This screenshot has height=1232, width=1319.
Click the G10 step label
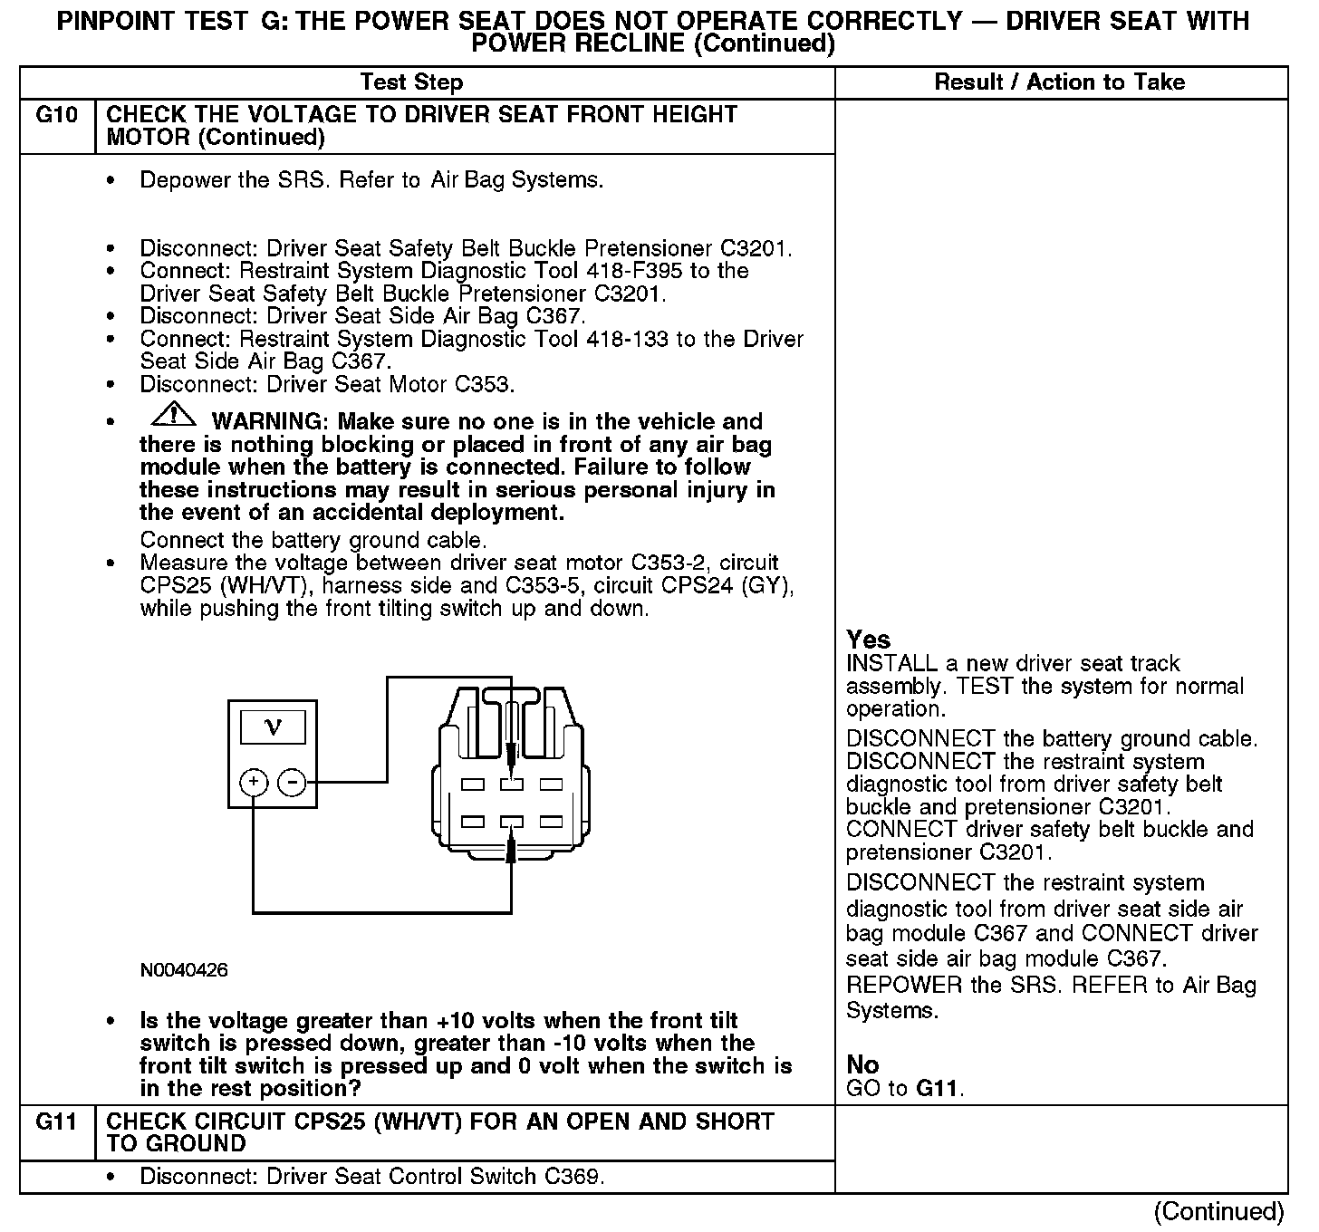click(56, 115)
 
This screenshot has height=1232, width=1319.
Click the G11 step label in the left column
click(56, 1121)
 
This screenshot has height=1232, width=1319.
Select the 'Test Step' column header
click(411, 82)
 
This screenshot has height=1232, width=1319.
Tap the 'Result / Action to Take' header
click(1059, 82)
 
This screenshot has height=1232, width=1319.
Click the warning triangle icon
click(174, 416)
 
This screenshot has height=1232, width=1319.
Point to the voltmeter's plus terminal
click(254, 782)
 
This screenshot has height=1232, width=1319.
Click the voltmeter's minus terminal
click(291, 782)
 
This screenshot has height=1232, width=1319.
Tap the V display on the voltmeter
click(272, 727)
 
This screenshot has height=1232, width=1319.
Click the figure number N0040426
click(184, 970)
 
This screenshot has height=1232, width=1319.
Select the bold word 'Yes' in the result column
click(868, 640)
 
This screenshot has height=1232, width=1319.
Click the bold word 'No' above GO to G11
click(862, 1064)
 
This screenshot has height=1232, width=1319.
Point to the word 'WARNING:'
click(267, 422)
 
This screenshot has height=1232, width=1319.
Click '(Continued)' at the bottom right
click(1219, 1212)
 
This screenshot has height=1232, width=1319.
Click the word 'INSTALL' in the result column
click(883, 663)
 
